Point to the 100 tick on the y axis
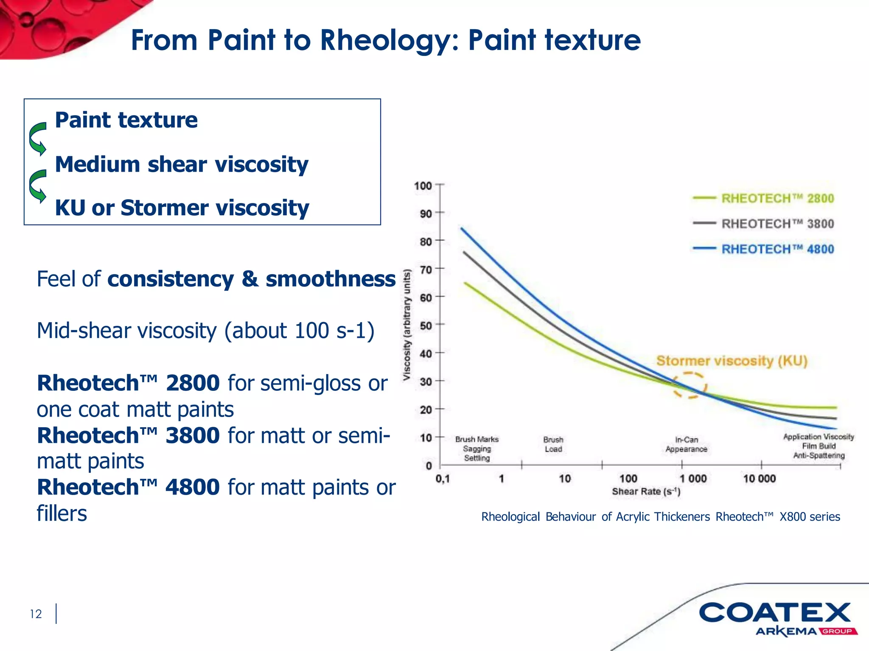[x=423, y=186]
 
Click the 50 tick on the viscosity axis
[x=426, y=325]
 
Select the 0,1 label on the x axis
[x=443, y=479]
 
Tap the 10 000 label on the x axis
[x=759, y=479]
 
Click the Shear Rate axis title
[x=646, y=492]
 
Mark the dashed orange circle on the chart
[x=690, y=385]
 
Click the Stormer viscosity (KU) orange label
[x=732, y=361]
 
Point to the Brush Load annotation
[x=553, y=444]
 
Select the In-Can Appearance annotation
[x=686, y=444]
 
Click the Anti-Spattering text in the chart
[x=819, y=456]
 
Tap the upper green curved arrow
[x=38, y=139]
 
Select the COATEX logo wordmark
[x=774, y=613]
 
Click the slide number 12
[x=36, y=614]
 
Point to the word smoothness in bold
[x=331, y=279]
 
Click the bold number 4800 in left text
[x=192, y=487]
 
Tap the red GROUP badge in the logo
[x=838, y=632]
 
